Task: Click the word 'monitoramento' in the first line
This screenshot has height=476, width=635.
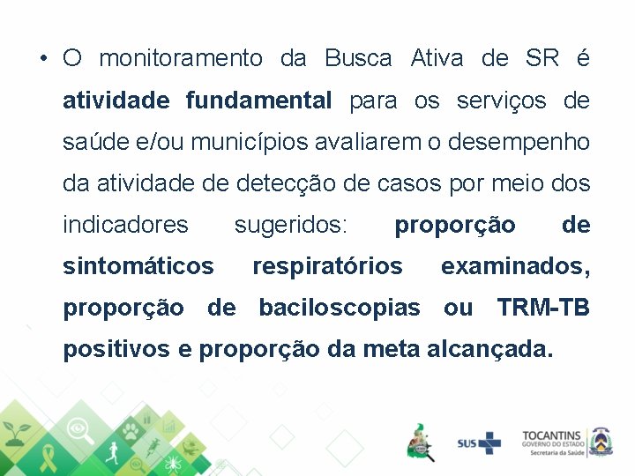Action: coord(181,59)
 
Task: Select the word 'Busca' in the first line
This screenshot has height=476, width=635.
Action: coord(358,59)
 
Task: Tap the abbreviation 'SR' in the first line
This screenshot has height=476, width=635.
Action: coord(542,59)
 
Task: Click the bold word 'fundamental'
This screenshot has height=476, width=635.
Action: coord(258,100)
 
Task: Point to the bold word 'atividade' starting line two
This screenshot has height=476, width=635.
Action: coord(116,100)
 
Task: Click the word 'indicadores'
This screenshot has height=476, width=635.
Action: coord(125,225)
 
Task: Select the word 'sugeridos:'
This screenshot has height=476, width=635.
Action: coord(291,225)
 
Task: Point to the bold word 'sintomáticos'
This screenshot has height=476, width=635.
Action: coord(138,265)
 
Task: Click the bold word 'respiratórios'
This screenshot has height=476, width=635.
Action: coord(327,265)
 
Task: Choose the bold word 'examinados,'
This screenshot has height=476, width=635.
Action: coord(515,265)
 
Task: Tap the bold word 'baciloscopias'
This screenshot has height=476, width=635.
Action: coord(340,308)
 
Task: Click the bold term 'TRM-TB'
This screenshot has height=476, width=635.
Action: coord(543,308)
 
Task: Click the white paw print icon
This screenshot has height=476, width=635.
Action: coord(130,430)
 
